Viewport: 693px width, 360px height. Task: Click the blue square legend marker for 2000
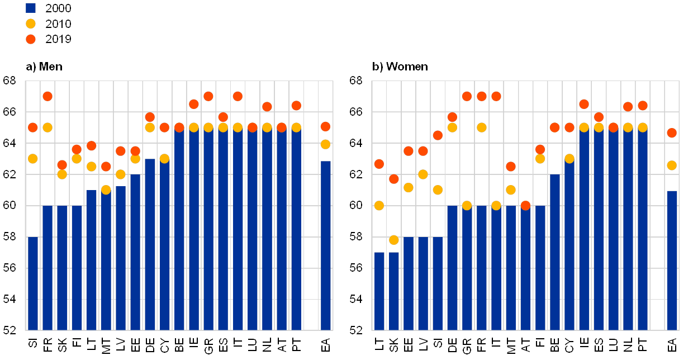click(31, 8)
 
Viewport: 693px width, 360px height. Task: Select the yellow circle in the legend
click(31, 23)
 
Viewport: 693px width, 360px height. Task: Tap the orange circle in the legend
click(31, 39)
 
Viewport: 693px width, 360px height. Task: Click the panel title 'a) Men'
click(44, 67)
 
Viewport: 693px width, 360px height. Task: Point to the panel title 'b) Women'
click(401, 67)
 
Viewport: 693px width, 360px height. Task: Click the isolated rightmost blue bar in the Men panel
click(325, 246)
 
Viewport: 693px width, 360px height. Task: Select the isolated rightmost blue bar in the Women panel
click(672, 260)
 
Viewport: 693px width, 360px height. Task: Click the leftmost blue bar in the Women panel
click(379, 291)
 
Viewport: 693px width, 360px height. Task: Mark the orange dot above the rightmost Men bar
click(325, 127)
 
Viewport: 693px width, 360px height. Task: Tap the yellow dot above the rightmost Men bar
click(325, 144)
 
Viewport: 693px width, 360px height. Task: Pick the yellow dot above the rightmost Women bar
click(672, 165)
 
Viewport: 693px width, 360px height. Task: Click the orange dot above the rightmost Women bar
click(672, 133)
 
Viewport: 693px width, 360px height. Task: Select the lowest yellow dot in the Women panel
click(394, 240)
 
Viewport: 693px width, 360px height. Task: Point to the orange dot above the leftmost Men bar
click(33, 127)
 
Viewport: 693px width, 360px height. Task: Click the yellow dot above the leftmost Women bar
click(379, 206)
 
